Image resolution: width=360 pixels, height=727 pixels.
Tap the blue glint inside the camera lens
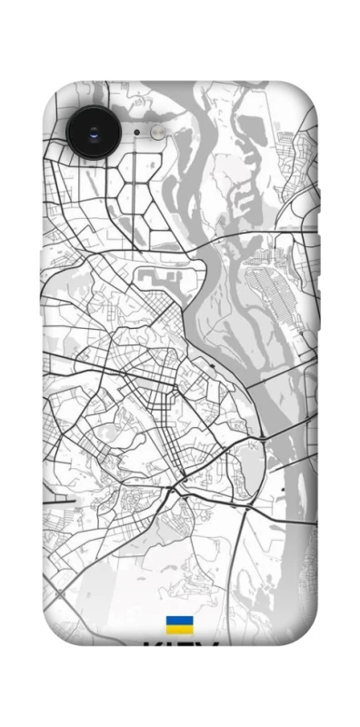point(95,134)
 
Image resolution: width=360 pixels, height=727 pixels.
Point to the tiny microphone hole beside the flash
point(136,132)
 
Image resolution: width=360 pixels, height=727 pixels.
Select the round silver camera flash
point(158,133)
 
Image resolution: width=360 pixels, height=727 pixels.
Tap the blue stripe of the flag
point(179,621)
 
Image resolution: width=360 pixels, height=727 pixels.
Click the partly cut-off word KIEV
point(180,647)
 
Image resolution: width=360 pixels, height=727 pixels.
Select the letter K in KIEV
point(151,648)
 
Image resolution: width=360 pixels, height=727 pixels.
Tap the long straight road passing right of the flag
point(238,582)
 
